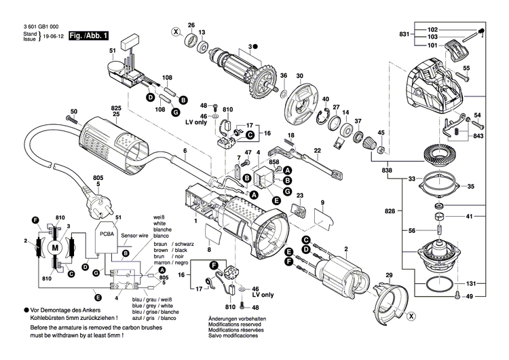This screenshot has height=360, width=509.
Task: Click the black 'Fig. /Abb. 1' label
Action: [88, 34]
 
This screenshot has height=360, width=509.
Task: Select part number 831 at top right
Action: [404, 34]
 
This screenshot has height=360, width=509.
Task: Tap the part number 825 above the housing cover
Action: [116, 109]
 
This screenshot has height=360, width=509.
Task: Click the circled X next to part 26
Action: [176, 32]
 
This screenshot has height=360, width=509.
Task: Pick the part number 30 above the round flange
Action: [299, 75]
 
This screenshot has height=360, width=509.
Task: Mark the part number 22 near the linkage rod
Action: [317, 150]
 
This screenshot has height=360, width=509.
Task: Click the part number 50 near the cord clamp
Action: [74, 111]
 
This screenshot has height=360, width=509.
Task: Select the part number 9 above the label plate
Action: [323, 202]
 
